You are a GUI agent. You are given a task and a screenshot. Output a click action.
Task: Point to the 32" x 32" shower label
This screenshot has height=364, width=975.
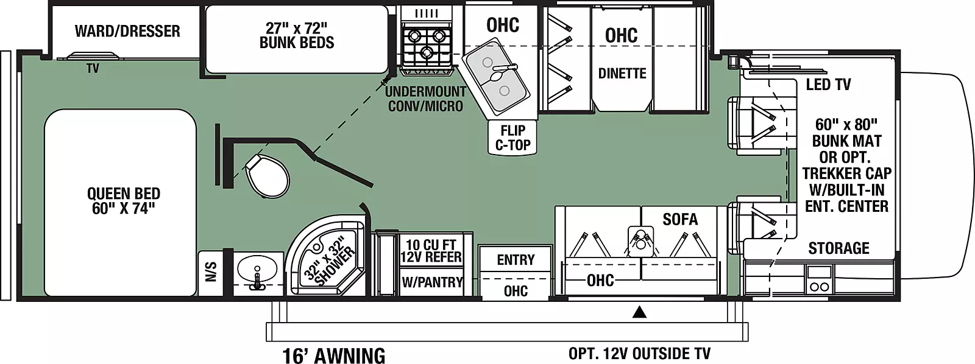(330, 261)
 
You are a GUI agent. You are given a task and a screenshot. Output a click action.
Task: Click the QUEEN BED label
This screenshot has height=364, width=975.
(124, 201)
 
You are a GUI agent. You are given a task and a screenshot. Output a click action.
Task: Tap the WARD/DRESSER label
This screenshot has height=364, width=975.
(127, 31)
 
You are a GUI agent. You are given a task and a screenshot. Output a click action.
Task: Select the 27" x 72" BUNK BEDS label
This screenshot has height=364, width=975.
(297, 36)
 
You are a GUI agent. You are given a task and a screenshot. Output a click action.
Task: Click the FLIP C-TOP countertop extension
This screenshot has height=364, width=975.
(512, 137)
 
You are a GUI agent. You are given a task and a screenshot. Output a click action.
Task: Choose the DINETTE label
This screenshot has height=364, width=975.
(622, 73)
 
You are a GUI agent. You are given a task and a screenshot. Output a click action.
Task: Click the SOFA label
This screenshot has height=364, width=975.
(680, 219)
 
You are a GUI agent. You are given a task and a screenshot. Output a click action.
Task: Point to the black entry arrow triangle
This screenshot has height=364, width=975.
(639, 312)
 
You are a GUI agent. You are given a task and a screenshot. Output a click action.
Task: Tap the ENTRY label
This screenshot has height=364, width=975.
(516, 260)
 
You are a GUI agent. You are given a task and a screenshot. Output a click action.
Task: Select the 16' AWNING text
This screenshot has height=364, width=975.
(334, 355)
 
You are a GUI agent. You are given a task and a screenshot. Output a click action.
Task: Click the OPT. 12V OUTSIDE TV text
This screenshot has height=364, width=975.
(639, 354)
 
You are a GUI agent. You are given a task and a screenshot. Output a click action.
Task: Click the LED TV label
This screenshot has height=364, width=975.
(828, 85)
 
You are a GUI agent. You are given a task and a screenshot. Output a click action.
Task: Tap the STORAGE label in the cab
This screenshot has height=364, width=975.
(838, 248)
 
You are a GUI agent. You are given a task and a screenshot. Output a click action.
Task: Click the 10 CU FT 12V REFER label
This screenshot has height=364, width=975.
(431, 251)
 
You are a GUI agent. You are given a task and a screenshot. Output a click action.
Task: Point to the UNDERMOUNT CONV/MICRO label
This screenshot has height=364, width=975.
(425, 99)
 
